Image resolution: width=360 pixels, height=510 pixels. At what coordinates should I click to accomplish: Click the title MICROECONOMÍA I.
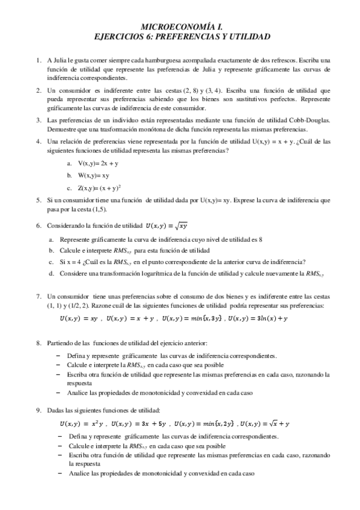(180, 27)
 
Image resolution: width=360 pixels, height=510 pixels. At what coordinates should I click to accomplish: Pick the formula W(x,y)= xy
(93, 175)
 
